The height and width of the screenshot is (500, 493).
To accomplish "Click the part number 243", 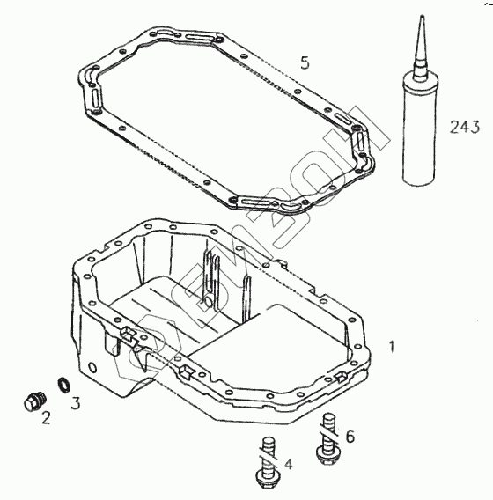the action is click(465, 127).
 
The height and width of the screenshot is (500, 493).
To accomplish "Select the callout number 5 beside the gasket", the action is click(305, 62).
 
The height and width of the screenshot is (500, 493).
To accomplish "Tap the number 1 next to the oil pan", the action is click(392, 346).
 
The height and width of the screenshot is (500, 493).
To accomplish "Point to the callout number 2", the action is click(46, 418).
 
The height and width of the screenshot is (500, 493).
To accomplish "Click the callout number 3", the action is click(76, 403).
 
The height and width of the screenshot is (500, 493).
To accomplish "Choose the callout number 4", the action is click(288, 464).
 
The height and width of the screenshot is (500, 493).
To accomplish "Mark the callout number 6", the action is click(350, 437).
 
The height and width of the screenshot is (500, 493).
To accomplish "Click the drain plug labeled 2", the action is click(35, 401).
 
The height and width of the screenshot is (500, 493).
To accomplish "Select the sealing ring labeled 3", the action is click(64, 384).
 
